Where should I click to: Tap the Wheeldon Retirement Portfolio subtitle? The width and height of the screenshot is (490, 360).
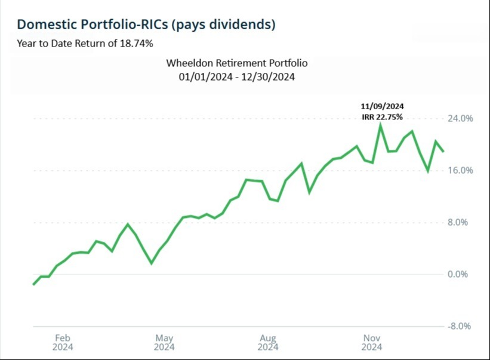tap(237, 63)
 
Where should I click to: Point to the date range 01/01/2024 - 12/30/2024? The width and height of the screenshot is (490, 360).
tap(237, 77)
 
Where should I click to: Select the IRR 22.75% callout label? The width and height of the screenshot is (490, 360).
tap(382, 116)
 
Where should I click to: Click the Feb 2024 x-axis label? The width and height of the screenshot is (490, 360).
tap(63, 341)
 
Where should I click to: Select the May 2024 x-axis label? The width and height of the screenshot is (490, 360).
tap(164, 341)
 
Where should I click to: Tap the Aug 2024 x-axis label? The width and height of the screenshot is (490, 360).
tap(269, 341)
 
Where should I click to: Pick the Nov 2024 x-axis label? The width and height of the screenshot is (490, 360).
tap(372, 341)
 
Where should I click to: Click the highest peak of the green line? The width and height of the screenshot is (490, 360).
tap(380, 125)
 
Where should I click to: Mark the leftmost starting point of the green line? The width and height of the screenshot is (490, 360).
tap(33, 284)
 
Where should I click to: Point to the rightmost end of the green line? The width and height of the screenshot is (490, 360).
tap(443, 152)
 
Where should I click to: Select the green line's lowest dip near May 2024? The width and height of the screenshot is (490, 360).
tap(151, 263)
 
